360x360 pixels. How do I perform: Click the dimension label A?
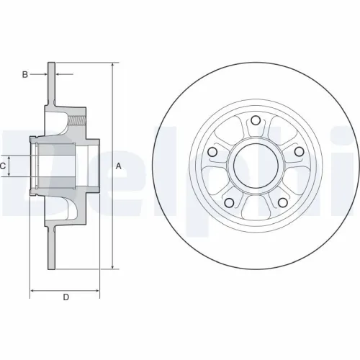pyautogui.click(x=119, y=166)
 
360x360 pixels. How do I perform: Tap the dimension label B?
pyautogui.click(x=25, y=74)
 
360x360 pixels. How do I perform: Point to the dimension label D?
pyautogui.click(x=66, y=297)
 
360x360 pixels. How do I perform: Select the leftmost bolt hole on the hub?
pyautogui.click(x=212, y=153)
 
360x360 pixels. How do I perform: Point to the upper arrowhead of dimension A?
pyautogui.click(x=112, y=66)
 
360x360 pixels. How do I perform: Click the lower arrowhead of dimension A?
pyautogui.click(x=112, y=266)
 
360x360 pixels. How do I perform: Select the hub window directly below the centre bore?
pyautogui.click(x=255, y=209)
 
